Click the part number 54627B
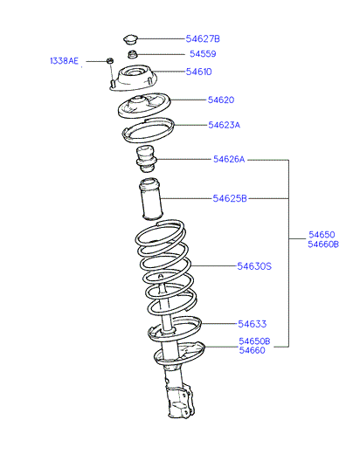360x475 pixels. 203,38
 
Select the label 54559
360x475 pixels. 203,54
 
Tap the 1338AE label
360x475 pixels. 64,61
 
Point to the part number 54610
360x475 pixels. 199,72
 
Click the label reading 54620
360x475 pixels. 221,100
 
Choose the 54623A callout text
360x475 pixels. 224,125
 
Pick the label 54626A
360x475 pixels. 229,159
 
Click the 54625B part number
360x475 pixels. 230,198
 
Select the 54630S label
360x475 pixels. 254,266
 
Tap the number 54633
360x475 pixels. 253,324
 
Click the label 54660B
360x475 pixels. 323,244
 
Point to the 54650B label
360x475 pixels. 254,341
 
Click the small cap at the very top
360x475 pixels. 130,39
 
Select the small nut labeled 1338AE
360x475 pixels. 110,60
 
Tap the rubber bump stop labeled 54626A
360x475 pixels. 146,160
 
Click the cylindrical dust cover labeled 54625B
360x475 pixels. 150,198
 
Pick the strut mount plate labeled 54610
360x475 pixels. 133,78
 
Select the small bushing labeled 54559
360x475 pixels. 132,55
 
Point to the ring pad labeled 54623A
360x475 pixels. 149,130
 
